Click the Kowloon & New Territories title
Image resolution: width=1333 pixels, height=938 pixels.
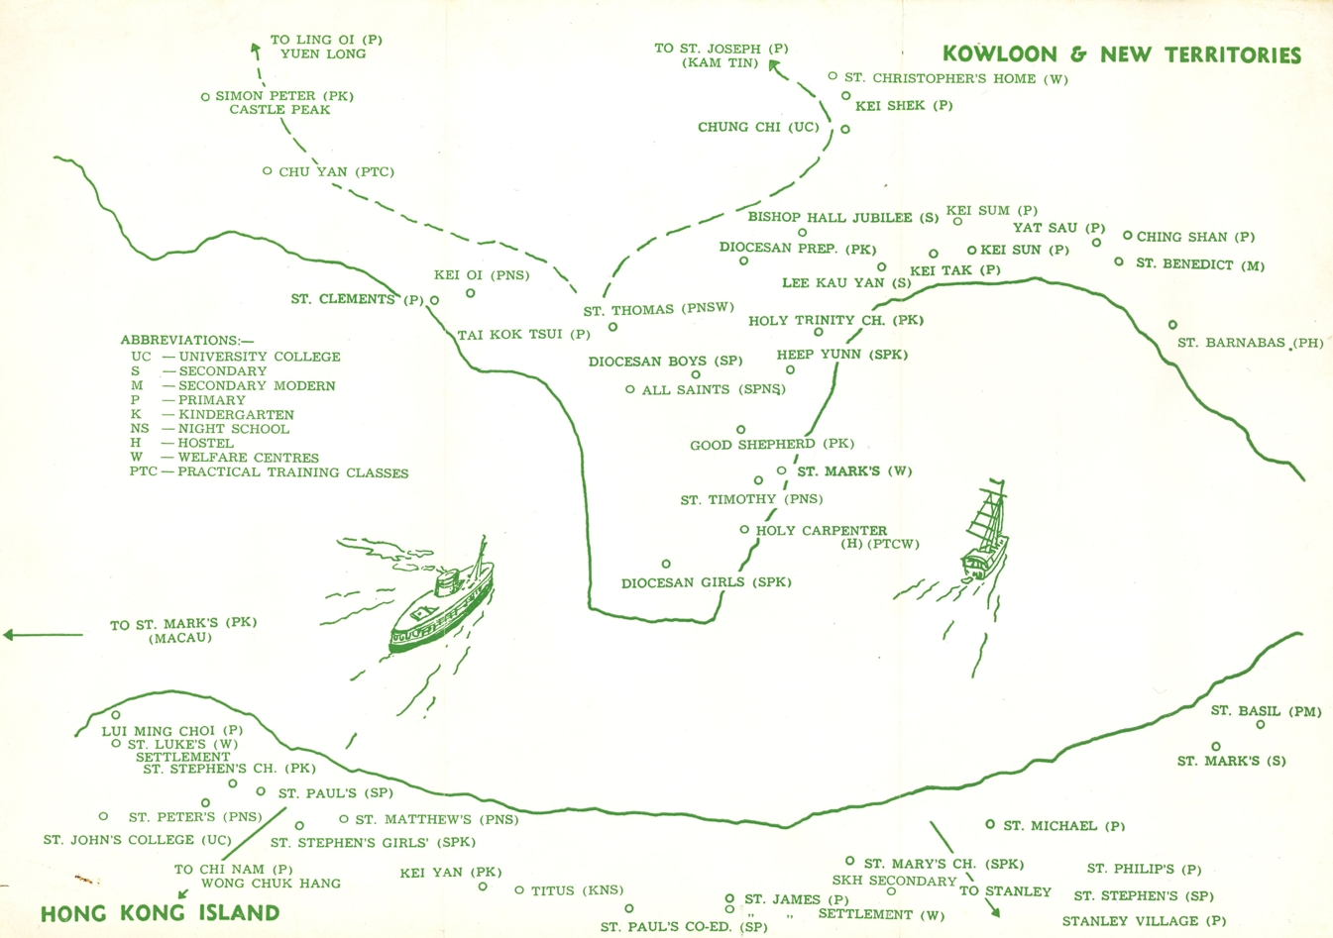tap(1122, 54)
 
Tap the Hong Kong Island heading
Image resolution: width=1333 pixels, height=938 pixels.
tap(161, 913)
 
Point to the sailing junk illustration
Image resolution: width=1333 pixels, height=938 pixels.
tap(985, 531)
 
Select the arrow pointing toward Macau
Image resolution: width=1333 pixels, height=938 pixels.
tap(43, 635)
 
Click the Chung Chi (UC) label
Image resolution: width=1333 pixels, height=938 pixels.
tap(758, 127)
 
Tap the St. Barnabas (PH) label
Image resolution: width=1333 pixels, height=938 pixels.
tap(1251, 343)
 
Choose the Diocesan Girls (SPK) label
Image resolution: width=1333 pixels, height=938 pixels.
tap(707, 582)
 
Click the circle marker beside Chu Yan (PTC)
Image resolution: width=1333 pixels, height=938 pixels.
tap(268, 170)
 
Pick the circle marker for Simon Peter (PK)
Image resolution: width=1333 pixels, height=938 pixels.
tap(205, 96)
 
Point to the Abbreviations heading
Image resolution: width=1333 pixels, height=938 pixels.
tap(187, 340)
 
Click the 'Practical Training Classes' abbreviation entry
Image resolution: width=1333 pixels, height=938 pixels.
tap(269, 472)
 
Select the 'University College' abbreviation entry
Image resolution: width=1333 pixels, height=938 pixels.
tap(236, 357)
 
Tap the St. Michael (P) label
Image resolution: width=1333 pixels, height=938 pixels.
tap(1064, 826)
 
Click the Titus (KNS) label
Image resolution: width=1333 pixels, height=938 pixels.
tap(577, 890)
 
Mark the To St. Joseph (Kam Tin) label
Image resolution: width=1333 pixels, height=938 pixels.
tap(722, 55)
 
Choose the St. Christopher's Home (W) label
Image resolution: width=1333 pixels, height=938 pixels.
tap(956, 78)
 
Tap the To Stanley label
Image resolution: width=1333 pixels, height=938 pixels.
tap(1005, 891)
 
